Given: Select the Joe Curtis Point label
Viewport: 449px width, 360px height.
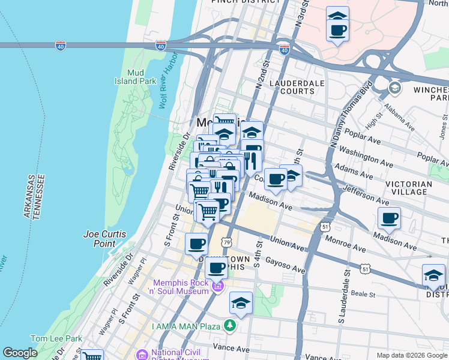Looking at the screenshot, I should (104, 239).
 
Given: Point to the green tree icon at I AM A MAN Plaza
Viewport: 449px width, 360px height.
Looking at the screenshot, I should (229, 325).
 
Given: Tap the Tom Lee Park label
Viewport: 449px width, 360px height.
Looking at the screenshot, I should (56, 338).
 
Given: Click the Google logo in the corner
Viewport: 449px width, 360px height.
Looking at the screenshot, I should (20, 353).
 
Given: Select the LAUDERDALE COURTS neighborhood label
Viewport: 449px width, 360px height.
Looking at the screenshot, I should (292, 86).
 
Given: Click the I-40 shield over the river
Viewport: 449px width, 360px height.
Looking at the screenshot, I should (60, 45).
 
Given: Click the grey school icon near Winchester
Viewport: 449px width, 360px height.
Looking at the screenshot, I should (394, 88).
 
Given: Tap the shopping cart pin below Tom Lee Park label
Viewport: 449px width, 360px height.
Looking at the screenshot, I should (91, 356).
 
